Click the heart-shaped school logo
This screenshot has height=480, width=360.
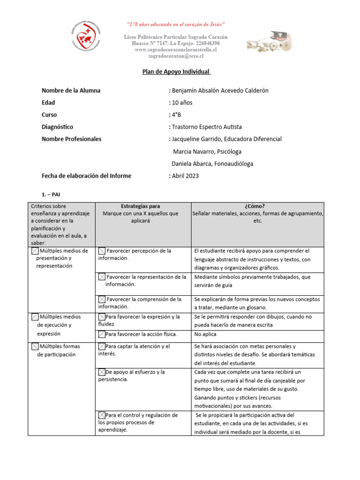pos(89,38)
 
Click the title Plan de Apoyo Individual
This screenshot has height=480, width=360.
pos(176,72)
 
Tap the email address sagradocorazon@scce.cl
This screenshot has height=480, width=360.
pos(176,56)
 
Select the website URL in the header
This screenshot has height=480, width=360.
pos(176,49)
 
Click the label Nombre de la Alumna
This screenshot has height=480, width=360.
pos(71,90)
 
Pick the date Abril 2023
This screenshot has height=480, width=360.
pos(185,176)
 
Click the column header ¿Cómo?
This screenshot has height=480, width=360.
pos(257,206)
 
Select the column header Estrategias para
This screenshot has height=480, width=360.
pos(140,206)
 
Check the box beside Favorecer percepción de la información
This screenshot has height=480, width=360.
pos(102,251)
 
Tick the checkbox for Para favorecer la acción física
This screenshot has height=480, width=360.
pos(102,334)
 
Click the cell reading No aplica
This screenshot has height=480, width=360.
pos(205,334)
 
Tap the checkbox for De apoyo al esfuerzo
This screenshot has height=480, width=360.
pos(102,372)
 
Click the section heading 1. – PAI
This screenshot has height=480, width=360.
pos(52,194)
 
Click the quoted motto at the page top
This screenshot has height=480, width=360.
pos(176,24)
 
